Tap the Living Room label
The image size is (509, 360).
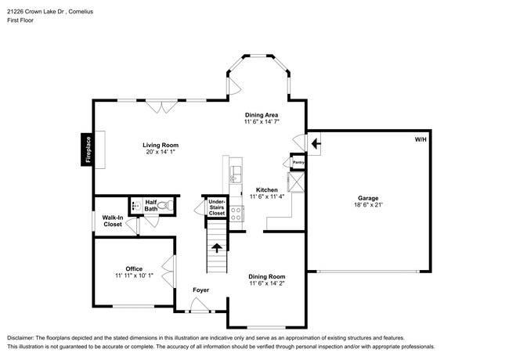click(161, 145)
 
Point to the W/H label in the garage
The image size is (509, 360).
click(421, 140)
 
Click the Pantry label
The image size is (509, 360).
click(298, 163)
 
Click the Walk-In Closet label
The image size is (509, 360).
click(112, 221)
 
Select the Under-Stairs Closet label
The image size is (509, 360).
click(216, 207)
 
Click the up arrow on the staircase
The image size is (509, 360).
click(216, 250)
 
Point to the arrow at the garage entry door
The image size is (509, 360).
click(314, 143)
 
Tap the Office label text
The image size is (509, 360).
click(134, 268)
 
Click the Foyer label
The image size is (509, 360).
click(201, 290)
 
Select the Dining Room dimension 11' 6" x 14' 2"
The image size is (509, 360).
click(266, 284)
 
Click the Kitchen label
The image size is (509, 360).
click(266, 190)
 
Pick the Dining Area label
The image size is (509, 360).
click(262, 115)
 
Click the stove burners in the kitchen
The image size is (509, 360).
click(233, 213)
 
